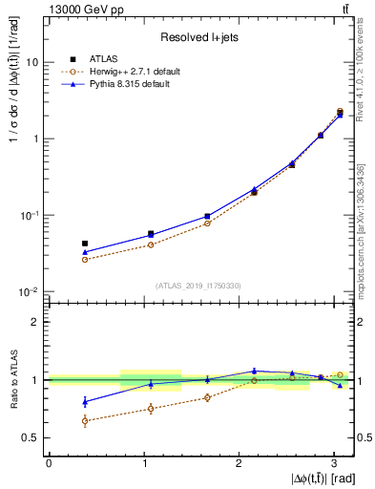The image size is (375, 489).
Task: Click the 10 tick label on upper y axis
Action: (31, 62)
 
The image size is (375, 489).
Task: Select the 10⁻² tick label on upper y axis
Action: (30, 291)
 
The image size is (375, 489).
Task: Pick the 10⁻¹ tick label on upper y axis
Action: (30, 215)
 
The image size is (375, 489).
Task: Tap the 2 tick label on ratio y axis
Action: (35, 322)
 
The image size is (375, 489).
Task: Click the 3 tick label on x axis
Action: (334, 461)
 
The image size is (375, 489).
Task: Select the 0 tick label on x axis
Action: (49, 461)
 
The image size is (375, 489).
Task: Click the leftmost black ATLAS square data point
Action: (85, 244)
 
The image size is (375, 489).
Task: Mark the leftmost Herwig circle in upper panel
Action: (85, 259)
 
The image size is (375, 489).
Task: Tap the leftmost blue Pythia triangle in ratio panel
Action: (85, 401)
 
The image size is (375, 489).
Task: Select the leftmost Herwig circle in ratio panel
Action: (85, 420)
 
